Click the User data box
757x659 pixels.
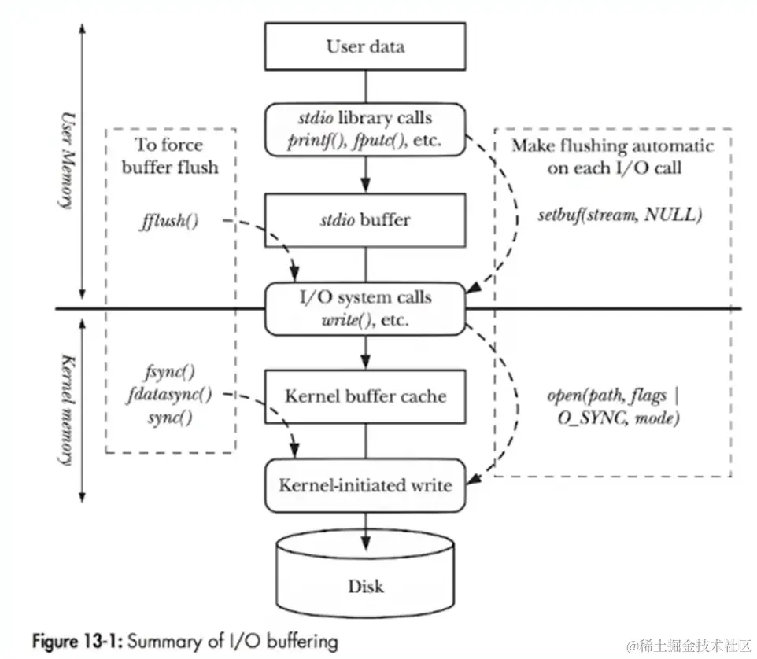click(x=365, y=46)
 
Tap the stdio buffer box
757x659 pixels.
click(x=365, y=219)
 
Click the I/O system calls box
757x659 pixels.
click(x=365, y=308)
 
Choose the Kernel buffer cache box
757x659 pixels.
click(x=365, y=396)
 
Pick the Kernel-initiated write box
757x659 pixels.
click(x=365, y=484)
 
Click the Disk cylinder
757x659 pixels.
click(x=365, y=578)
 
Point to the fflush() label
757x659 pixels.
click(x=169, y=221)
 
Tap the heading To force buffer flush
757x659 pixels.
click(x=170, y=156)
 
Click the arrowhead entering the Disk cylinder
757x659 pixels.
click(x=365, y=542)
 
